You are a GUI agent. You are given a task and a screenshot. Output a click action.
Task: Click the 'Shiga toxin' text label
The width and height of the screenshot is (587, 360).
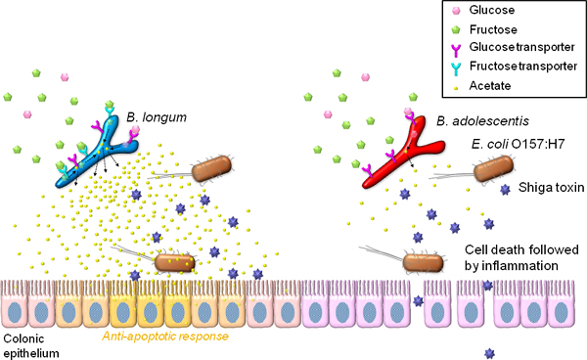pyautogui.click(x=546, y=191)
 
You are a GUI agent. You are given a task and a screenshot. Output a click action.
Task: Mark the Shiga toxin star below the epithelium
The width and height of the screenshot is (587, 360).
pyautogui.click(x=486, y=350)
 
